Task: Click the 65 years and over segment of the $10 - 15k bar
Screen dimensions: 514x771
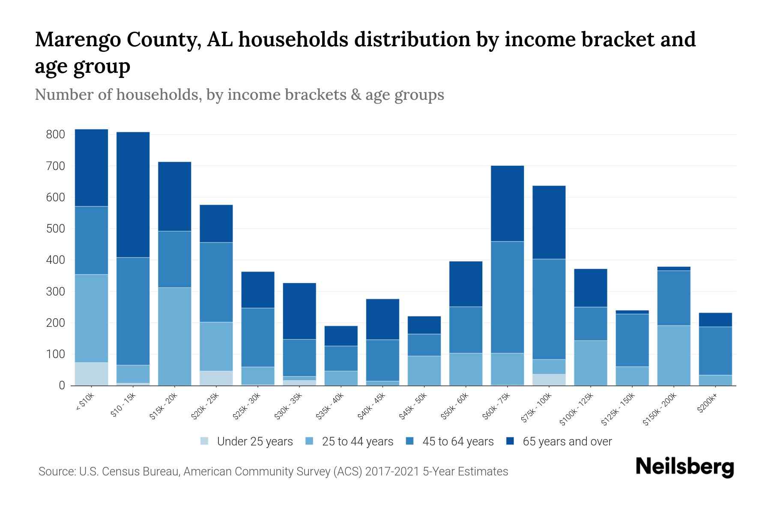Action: click(x=133, y=194)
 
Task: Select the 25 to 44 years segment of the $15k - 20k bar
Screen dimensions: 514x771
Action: click(x=174, y=336)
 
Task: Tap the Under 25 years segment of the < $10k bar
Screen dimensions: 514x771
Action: click(x=91, y=374)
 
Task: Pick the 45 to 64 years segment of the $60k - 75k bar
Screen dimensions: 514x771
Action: click(x=507, y=297)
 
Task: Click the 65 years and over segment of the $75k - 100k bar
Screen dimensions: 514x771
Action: click(x=549, y=222)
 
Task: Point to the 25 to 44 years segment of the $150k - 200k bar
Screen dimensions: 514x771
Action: click(x=673, y=356)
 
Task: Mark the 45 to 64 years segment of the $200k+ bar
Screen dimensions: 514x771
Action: click(x=715, y=351)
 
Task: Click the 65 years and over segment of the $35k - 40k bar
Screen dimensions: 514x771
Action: click(x=341, y=336)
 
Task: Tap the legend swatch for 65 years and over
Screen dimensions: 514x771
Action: click(x=510, y=441)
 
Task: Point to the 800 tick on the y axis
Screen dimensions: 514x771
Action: click(x=55, y=134)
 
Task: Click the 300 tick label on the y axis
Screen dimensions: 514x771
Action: click(x=55, y=292)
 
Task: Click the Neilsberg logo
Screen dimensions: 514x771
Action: click(x=684, y=467)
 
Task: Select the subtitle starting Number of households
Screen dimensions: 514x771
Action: click(x=239, y=95)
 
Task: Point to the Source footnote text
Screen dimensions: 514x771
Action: click(x=273, y=472)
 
